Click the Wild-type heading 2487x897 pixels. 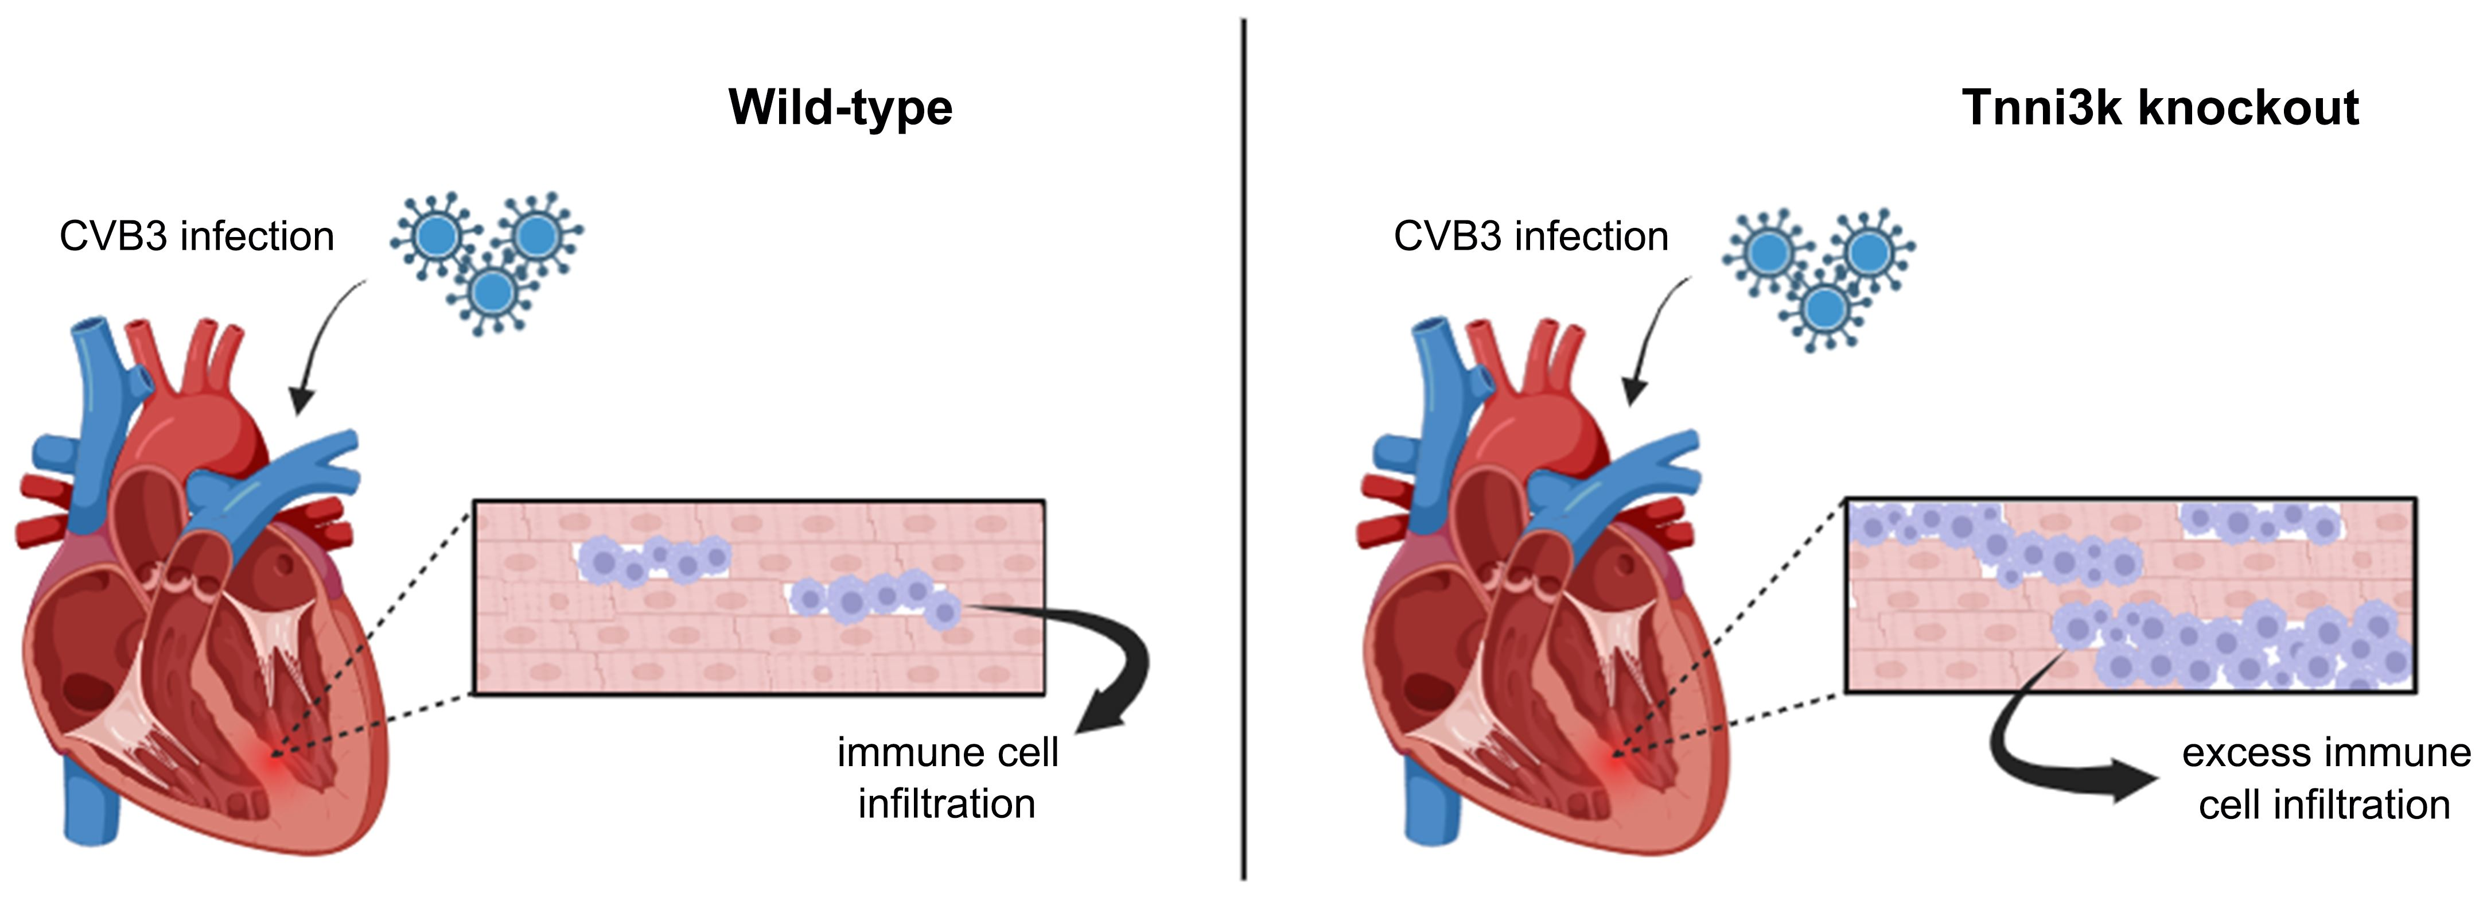tap(840, 108)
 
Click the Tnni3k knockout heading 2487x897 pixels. tap(2160, 108)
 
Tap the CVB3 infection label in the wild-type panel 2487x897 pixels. tap(197, 236)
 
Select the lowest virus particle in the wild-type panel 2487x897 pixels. tap(493, 290)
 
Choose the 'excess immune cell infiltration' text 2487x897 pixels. tap(2325, 778)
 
